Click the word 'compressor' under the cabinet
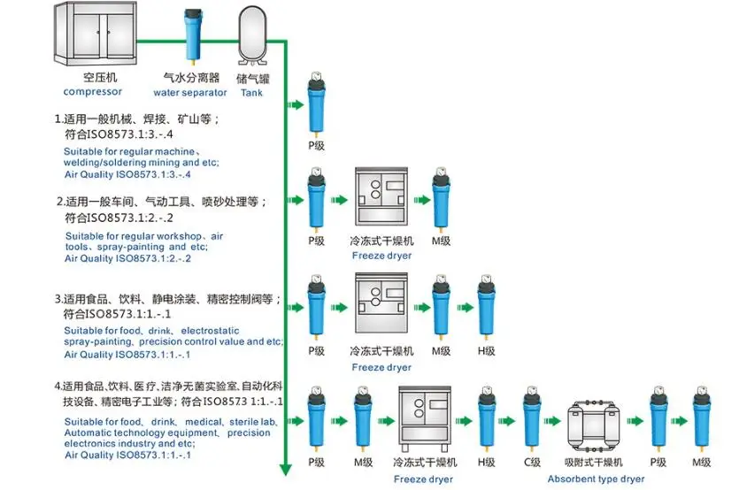[93, 91]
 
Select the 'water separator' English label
[190, 92]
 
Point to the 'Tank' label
[251, 93]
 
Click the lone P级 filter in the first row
[316, 106]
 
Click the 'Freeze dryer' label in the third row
[381, 367]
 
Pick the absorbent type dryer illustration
[594, 423]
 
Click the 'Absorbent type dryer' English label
[596, 479]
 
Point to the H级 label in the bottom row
[486, 463]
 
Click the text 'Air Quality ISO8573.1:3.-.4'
[127, 174]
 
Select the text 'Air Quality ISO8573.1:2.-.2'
[127, 258]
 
